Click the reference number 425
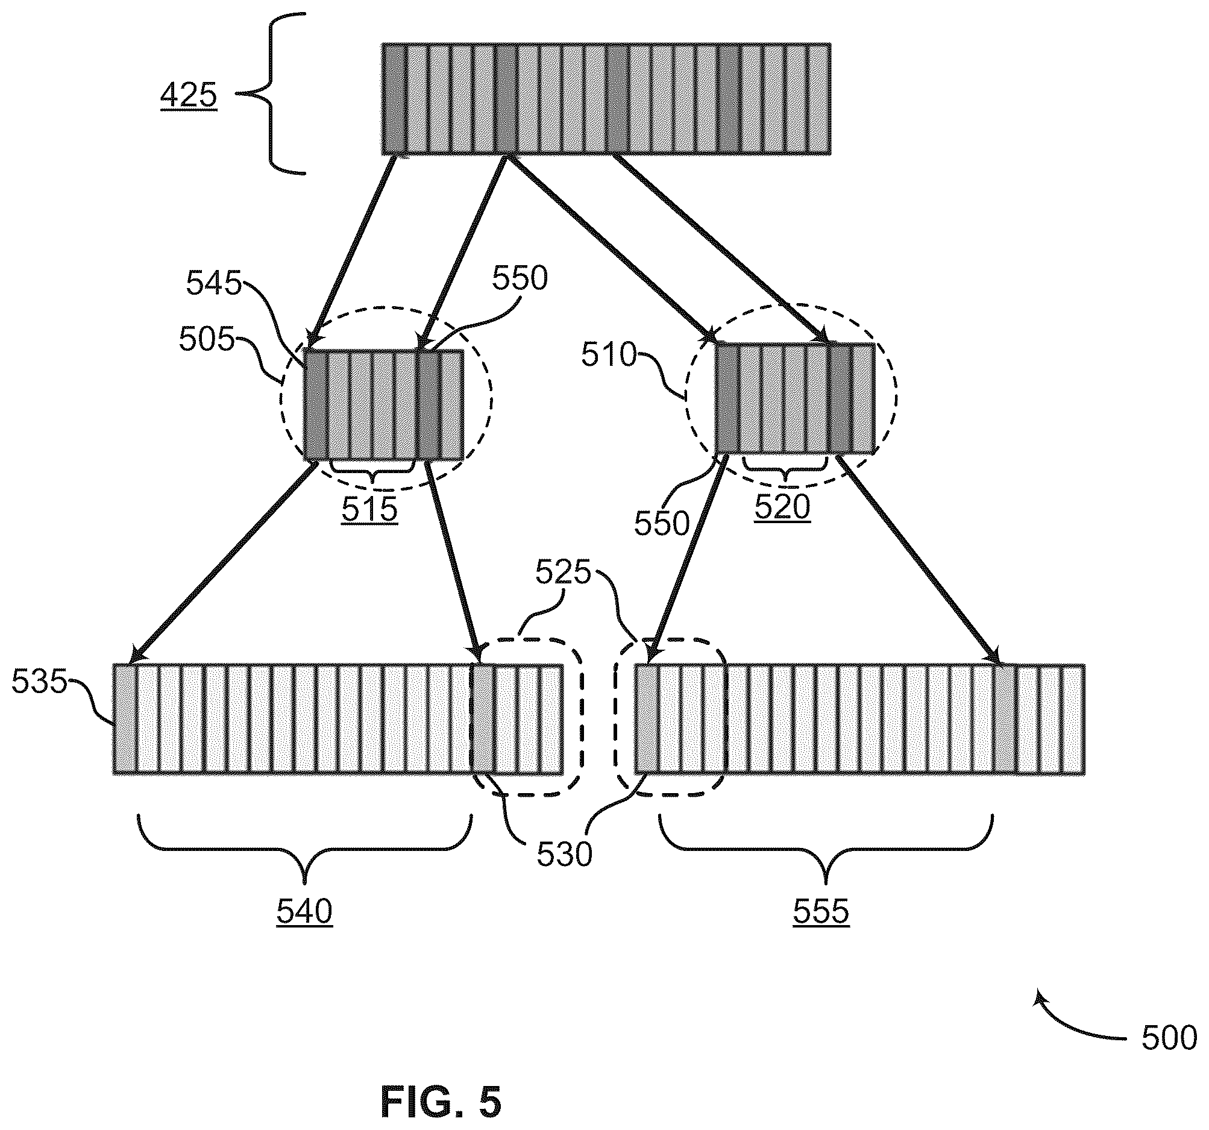[189, 95]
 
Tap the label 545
[213, 283]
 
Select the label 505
[206, 339]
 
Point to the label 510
[609, 354]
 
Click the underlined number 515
[369, 509]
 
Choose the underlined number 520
[783, 507]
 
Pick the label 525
[563, 573]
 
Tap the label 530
[564, 855]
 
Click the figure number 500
[1169, 1038]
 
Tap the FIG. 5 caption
[442, 1102]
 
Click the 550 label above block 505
[520, 278]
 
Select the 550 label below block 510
[662, 523]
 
